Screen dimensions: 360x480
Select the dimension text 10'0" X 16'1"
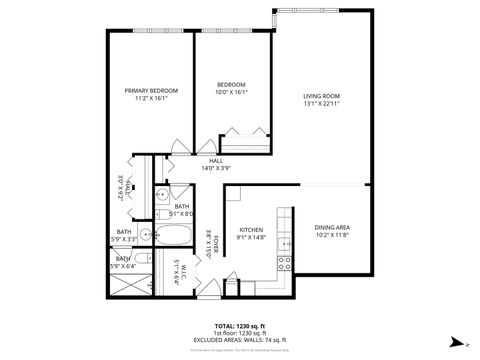pyautogui.click(x=232, y=91)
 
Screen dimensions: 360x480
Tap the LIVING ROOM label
pyautogui.click(x=322, y=96)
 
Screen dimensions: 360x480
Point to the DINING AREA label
pyautogui.click(x=332, y=227)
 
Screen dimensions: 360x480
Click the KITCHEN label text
pyautogui.click(x=250, y=229)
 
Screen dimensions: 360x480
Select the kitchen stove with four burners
pyautogui.click(x=284, y=263)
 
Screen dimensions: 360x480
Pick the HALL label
pyautogui.click(x=215, y=161)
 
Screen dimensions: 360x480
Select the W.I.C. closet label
pyautogui.click(x=176, y=271)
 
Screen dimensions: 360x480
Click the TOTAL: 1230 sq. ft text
pyautogui.click(x=239, y=326)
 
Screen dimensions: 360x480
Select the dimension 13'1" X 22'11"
pyautogui.click(x=322, y=103)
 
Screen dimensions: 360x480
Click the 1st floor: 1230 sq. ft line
pyautogui.click(x=239, y=333)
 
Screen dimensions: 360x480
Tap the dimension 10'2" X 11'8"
pyautogui.click(x=332, y=234)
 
